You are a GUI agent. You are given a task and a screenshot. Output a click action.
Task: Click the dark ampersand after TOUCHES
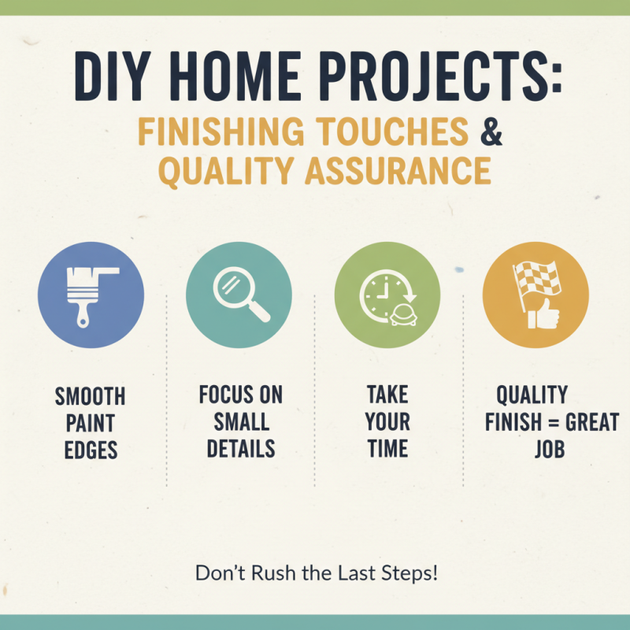click(x=491, y=132)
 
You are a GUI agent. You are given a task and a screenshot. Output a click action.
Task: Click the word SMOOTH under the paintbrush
click(x=91, y=397)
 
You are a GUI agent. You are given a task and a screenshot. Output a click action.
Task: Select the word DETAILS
click(x=241, y=449)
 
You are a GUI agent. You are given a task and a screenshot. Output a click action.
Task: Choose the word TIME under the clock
click(x=387, y=449)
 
